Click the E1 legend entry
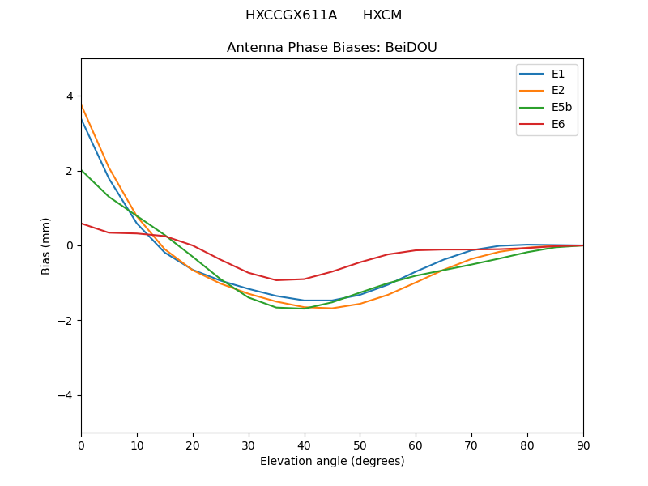coord(546,74)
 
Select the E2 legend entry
coord(546,91)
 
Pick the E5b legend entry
coord(546,108)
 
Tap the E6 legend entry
coord(546,125)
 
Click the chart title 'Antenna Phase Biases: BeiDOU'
coord(332,48)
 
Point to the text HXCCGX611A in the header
coord(291,15)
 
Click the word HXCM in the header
coord(382,15)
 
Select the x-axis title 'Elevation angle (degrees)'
coord(332,462)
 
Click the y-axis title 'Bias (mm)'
coord(46,245)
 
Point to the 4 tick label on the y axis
coord(70,96)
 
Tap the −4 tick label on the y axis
coord(66,395)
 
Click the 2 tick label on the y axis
coord(70,171)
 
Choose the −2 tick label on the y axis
coord(66,321)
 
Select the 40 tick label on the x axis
coord(305,445)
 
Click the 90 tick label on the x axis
coord(583,445)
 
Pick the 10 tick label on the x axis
coord(137,445)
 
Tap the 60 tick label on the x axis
coord(416,445)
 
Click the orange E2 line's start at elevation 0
coord(81,105)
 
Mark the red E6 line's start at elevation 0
coord(81,224)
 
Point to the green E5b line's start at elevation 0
coord(81,170)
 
